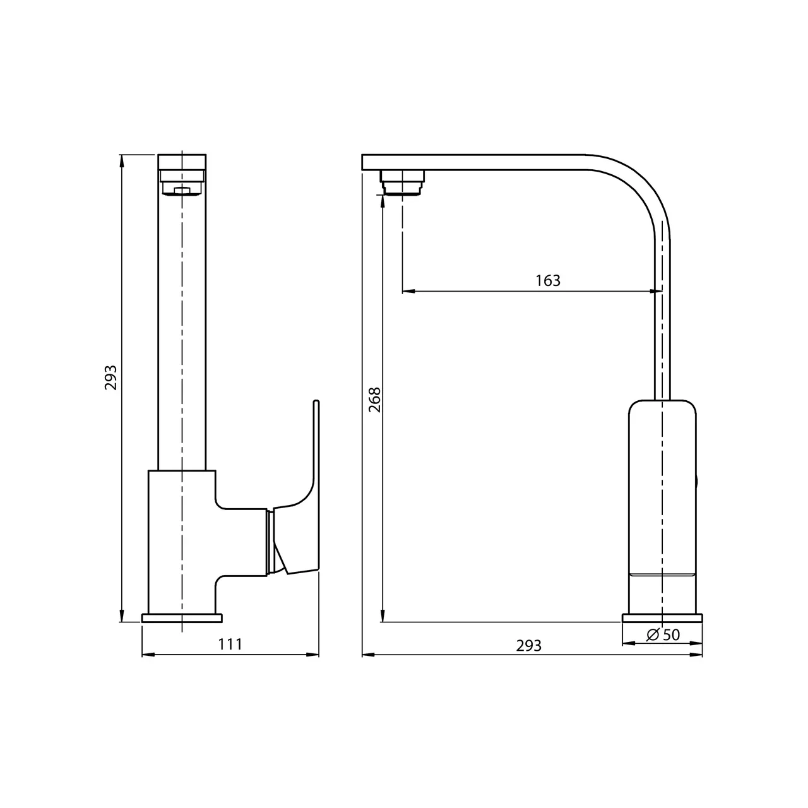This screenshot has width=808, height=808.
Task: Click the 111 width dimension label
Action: (x=230, y=645)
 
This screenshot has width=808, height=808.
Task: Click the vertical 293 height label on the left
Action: (x=111, y=377)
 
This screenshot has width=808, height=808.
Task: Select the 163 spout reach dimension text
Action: (x=548, y=280)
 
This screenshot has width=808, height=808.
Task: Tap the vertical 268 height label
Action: (x=374, y=400)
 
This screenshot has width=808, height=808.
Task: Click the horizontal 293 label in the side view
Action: (x=528, y=646)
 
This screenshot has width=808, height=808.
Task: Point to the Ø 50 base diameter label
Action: (x=663, y=635)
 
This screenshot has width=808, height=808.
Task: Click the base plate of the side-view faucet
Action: (x=663, y=617)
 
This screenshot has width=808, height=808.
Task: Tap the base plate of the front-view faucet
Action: (x=182, y=617)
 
